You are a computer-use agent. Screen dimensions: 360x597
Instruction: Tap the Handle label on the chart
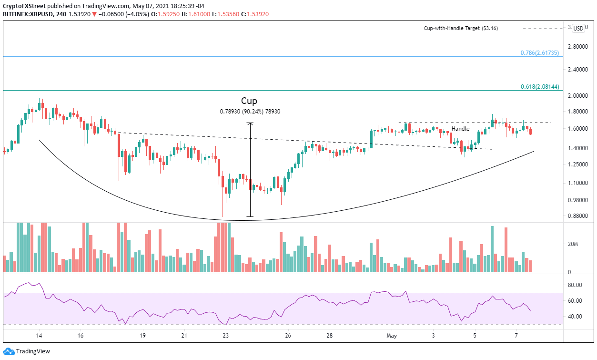460,129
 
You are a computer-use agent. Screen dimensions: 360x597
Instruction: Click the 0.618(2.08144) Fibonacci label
539,87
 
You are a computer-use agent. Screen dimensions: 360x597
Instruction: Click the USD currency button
578,28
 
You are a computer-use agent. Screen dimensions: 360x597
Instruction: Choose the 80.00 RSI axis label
575,285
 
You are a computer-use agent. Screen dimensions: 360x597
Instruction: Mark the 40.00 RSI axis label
575,317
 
